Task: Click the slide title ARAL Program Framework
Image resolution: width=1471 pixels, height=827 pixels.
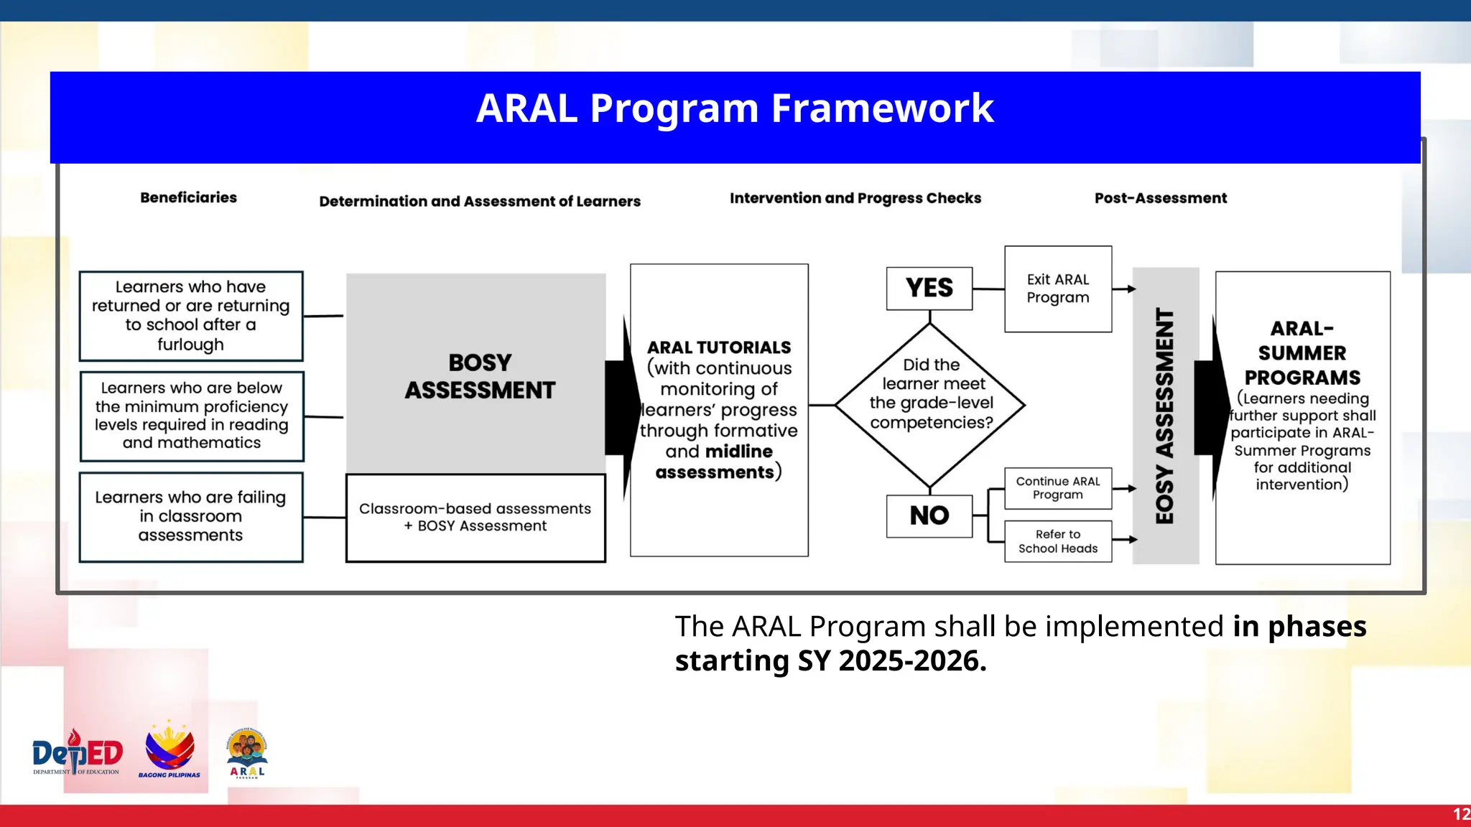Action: pyautogui.click(x=734, y=109)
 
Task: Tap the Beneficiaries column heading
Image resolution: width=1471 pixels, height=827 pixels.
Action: pyautogui.click(x=188, y=197)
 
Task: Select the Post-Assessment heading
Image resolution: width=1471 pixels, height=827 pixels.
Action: pyautogui.click(x=1160, y=198)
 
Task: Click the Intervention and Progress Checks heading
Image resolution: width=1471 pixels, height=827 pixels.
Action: pyautogui.click(x=855, y=198)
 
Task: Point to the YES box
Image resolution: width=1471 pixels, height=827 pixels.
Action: pyautogui.click(x=929, y=289)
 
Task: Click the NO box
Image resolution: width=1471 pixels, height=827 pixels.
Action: pyautogui.click(x=929, y=515)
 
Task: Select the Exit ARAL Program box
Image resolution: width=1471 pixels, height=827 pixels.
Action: pyautogui.click(x=1057, y=289)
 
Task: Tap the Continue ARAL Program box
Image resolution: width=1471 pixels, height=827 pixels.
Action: pyautogui.click(x=1057, y=488)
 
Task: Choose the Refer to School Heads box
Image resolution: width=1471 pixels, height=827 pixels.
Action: pyautogui.click(x=1057, y=541)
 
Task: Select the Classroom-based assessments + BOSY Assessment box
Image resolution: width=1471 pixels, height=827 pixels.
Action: pyautogui.click(x=475, y=518)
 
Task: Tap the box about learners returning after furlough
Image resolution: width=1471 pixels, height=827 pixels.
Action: pyautogui.click(x=190, y=316)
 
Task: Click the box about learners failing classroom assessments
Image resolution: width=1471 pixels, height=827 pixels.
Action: pyautogui.click(x=190, y=516)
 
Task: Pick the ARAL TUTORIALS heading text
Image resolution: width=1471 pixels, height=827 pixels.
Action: pyautogui.click(x=718, y=347)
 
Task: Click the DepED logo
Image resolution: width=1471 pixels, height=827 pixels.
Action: pyautogui.click(x=77, y=753)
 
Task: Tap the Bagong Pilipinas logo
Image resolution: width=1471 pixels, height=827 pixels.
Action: pyautogui.click(x=170, y=750)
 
